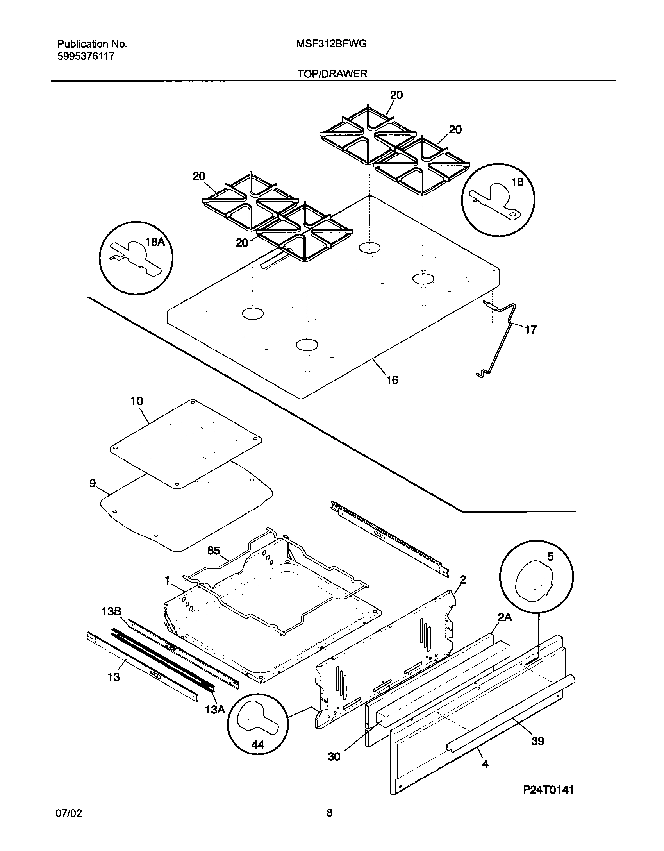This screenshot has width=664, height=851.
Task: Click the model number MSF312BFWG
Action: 331,44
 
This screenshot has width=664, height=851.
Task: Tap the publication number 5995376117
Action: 86,57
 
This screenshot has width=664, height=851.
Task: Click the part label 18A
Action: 155,242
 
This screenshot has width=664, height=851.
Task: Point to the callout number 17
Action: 530,330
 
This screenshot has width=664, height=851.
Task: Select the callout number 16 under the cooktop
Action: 392,380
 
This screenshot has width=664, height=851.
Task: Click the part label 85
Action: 214,551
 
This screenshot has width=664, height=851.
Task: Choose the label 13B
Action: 111,612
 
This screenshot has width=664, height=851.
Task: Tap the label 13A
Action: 215,698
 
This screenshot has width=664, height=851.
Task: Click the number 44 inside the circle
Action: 257,745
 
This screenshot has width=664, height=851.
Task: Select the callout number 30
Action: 334,757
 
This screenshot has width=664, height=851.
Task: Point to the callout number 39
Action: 538,741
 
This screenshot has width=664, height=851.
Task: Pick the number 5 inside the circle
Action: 550,556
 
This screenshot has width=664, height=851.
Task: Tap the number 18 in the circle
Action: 517,182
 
